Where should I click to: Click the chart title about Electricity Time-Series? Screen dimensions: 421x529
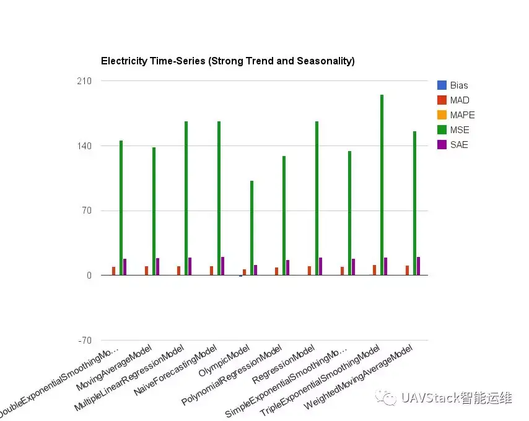pos(227,61)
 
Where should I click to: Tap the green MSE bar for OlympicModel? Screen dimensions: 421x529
pos(251,228)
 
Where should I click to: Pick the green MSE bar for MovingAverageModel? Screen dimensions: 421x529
pos(154,211)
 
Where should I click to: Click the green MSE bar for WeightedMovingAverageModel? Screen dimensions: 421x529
pos(414,203)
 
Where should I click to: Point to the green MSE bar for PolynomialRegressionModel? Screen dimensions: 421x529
pos(284,215)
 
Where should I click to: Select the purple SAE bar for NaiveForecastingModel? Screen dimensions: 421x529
pos(222,266)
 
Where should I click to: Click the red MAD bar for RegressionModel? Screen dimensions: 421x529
pos(309,271)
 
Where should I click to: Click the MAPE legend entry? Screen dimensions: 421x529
pos(462,115)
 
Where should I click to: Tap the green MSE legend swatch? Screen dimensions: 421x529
pos(442,130)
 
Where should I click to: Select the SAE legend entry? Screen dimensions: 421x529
pos(459,145)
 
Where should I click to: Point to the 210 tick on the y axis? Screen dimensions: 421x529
pos(84,81)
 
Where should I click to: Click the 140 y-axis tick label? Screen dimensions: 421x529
pos(84,146)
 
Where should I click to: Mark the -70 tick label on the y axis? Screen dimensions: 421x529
pos(84,341)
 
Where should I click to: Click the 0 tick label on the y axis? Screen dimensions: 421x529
pos(89,276)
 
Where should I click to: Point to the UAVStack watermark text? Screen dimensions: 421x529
pos(456,397)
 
